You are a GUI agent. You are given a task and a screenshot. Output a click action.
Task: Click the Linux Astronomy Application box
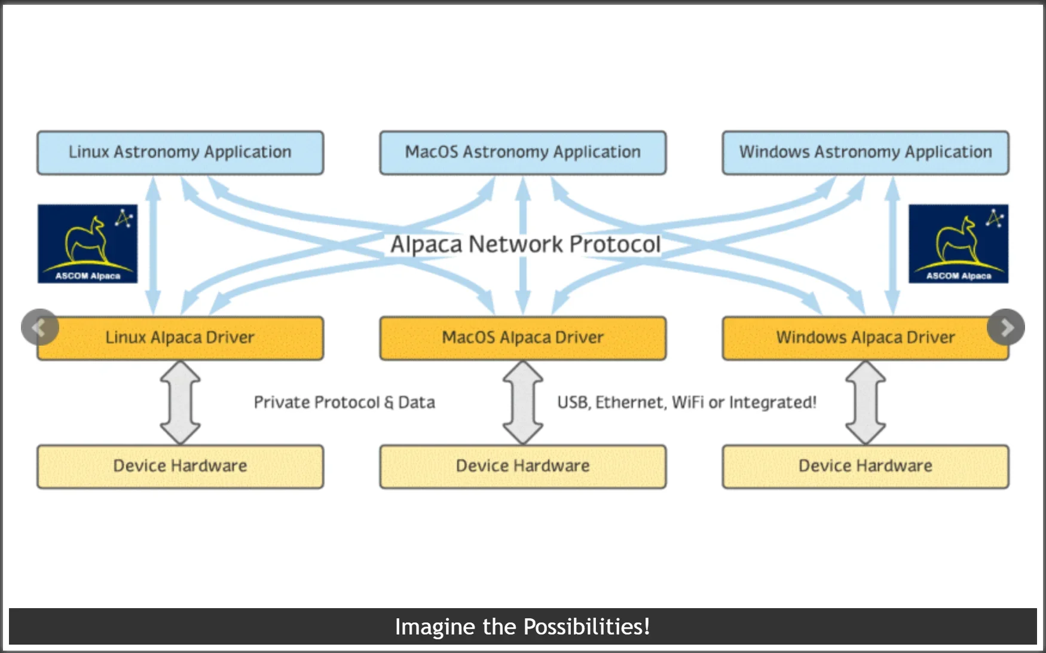pyautogui.click(x=180, y=153)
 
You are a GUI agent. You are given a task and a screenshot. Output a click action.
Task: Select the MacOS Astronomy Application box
pyautogui.click(x=523, y=153)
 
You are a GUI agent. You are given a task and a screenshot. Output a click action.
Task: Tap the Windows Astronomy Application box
pyautogui.click(x=865, y=153)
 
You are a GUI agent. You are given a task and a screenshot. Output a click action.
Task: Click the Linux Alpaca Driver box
pyautogui.click(x=180, y=338)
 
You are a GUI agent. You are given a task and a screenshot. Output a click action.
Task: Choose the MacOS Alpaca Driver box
pyautogui.click(x=523, y=338)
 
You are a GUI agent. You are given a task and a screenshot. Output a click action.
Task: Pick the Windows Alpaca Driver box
pyautogui.click(x=865, y=338)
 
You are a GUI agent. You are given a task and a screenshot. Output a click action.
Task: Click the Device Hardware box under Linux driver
pyautogui.click(x=180, y=466)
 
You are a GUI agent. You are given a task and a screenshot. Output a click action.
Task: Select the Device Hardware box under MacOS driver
pyautogui.click(x=523, y=466)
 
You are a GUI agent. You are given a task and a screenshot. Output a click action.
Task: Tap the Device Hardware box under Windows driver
pyautogui.click(x=865, y=466)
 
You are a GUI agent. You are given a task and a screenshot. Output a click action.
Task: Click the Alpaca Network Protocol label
pyautogui.click(x=525, y=245)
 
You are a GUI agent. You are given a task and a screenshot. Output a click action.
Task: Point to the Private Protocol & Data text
pyautogui.click(x=344, y=402)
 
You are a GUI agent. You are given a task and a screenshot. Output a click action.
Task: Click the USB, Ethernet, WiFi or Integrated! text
pyautogui.click(x=687, y=402)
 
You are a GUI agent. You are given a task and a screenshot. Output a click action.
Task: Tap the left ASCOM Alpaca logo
pyautogui.click(x=88, y=243)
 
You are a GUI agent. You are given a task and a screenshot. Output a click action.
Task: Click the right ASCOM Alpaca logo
pyautogui.click(x=959, y=243)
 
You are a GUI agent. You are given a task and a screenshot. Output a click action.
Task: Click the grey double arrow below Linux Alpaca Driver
pyautogui.click(x=180, y=402)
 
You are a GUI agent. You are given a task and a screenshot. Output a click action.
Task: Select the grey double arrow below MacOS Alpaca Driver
pyautogui.click(x=523, y=402)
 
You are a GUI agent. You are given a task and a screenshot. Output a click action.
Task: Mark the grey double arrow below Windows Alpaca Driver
pyautogui.click(x=865, y=402)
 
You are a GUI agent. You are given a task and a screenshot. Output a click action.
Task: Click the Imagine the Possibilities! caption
pyautogui.click(x=522, y=627)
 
